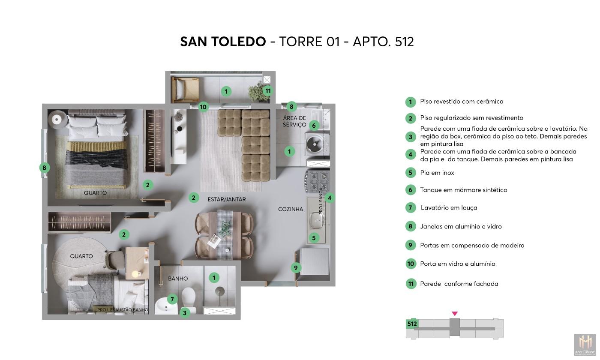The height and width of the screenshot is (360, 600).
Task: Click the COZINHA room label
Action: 291,209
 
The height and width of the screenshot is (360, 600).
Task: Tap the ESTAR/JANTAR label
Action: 226,199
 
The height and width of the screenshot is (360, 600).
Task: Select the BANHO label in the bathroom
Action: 178,279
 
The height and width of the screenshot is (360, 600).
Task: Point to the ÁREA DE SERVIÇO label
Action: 294,121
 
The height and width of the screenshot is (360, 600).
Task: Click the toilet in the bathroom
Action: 189,299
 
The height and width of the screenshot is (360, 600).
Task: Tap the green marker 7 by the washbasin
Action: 171,299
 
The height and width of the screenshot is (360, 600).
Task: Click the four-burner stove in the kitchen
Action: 318,180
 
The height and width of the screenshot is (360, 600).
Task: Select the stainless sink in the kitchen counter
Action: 318,222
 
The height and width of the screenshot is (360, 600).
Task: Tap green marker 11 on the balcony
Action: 268,90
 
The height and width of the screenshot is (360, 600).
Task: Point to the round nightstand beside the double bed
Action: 57,119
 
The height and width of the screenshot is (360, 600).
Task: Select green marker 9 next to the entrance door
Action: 296,268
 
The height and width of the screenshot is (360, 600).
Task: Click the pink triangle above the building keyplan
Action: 455,314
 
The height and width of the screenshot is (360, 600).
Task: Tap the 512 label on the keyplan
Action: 412,324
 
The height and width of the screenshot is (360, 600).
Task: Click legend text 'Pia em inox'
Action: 437,173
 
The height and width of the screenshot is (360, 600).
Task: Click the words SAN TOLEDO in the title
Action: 223,42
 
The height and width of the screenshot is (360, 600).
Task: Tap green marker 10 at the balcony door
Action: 203,107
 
